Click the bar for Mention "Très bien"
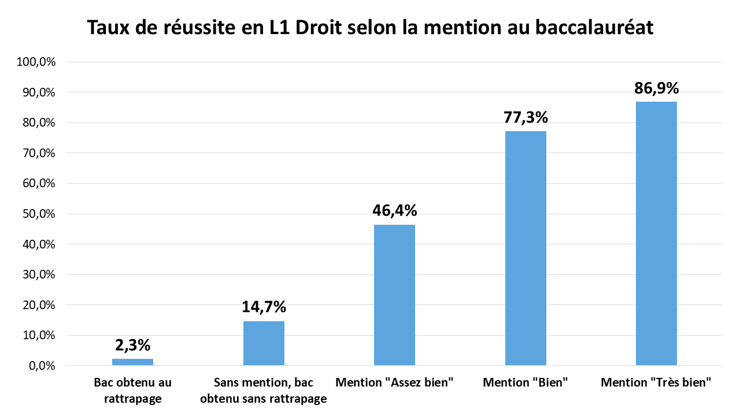click(x=656, y=233)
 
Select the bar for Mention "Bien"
click(x=526, y=248)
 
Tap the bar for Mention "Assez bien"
click(x=394, y=295)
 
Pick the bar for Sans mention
click(x=264, y=343)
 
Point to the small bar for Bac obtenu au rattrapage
click(x=132, y=362)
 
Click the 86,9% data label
click(x=656, y=88)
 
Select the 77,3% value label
click(x=526, y=117)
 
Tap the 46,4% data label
click(x=394, y=211)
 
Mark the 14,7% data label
click(x=264, y=307)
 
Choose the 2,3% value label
click(x=132, y=346)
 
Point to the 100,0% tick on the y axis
click(x=36, y=62)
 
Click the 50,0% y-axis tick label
click(x=39, y=214)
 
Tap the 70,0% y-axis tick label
click(x=39, y=154)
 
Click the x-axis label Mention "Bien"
click(x=526, y=382)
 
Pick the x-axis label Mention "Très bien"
click(x=656, y=382)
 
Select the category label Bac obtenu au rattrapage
click(x=132, y=390)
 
